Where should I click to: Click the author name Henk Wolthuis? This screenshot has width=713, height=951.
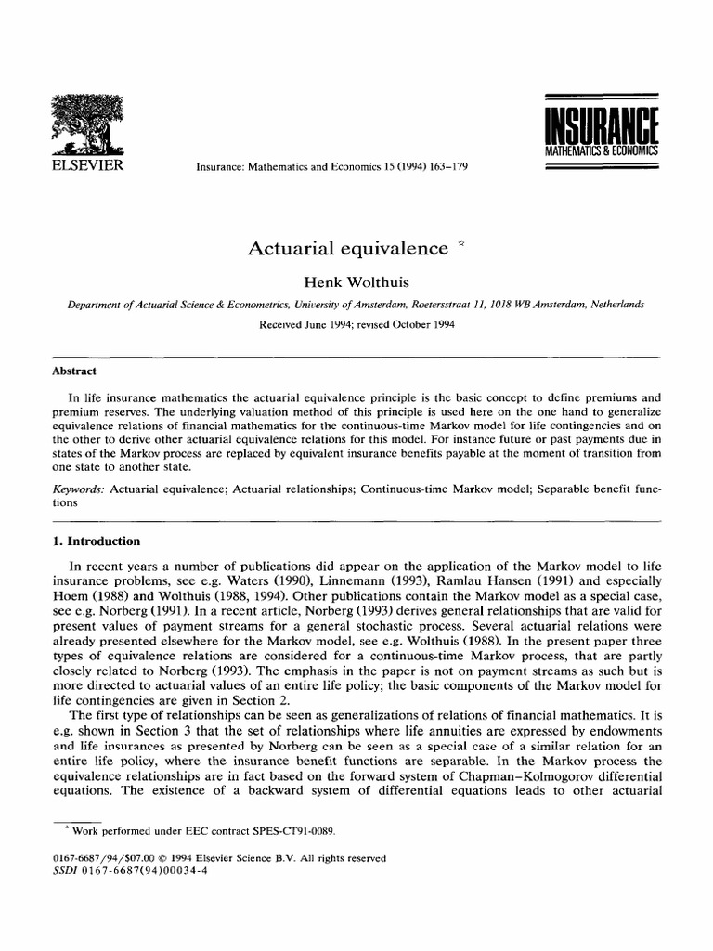(356, 282)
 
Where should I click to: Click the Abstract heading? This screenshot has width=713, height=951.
(74, 370)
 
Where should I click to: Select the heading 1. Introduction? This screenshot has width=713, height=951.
(97, 541)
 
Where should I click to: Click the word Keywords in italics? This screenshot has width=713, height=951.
(80, 488)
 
